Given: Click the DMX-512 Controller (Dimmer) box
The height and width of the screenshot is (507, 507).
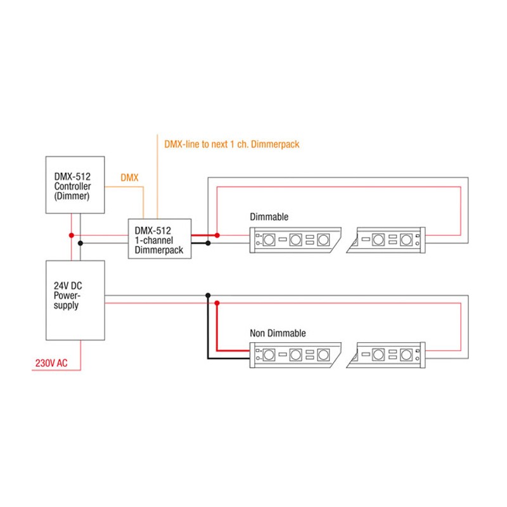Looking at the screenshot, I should click(x=75, y=185).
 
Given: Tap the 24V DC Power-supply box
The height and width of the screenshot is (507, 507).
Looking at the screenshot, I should click(x=75, y=299).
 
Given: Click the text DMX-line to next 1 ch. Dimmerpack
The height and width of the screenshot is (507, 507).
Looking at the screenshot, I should click(x=231, y=144).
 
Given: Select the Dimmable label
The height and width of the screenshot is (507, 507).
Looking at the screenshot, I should click(x=269, y=217).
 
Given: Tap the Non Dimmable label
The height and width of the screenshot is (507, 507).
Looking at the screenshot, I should click(x=278, y=333).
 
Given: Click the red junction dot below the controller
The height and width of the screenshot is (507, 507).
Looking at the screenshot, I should click(x=71, y=235).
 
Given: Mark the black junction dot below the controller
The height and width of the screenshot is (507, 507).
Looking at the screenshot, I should click(x=80, y=243).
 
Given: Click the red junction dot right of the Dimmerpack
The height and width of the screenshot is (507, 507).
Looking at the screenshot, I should click(x=217, y=235).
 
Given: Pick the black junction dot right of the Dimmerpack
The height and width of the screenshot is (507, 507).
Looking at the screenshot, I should click(x=208, y=243).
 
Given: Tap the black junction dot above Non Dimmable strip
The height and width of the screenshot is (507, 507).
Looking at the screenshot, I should click(x=207, y=295).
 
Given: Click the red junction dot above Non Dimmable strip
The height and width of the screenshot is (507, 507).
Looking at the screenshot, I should click(x=217, y=304).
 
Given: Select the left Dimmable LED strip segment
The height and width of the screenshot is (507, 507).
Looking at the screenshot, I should click(x=295, y=240).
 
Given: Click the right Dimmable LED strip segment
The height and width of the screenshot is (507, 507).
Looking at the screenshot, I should click(x=388, y=240).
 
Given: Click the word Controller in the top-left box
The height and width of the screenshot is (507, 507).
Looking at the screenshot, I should click(x=72, y=187).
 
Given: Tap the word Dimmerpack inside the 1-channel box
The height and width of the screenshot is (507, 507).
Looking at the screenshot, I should click(x=158, y=250).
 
